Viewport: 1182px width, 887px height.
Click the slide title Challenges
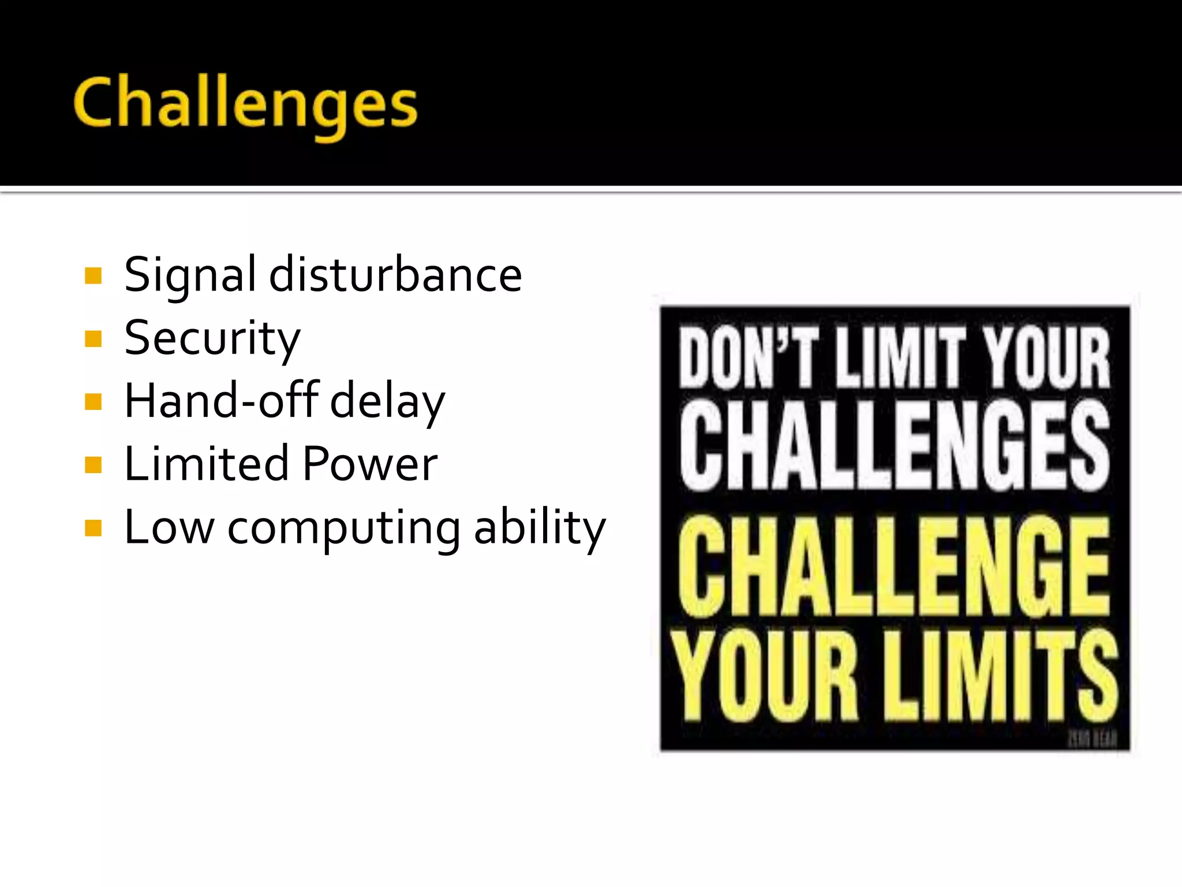pyautogui.click(x=245, y=104)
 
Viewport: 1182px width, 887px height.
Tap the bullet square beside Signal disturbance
pyautogui.click(x=93, y=275)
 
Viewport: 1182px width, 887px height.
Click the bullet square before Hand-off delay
pyautogui.click(x=93, y=401)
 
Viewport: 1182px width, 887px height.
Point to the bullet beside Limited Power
pyautogui.click(x=93, y=465)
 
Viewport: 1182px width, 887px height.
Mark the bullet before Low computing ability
pyautogui.click(x=93, y=528)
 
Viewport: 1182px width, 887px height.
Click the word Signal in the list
pyautogui.click(x=190, y=276)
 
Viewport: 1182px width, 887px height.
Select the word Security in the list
pyautogui.click(x=212, y=340)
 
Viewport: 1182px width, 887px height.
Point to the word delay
pyautogui.click(x=387, y=402)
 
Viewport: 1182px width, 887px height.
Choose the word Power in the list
pyautogui.click(x=370, y=464)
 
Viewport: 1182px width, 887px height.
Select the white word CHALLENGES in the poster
pyautogui.click(x=895, y=445)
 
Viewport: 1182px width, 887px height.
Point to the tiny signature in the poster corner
pyautogui.click(x=1092, y=739)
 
